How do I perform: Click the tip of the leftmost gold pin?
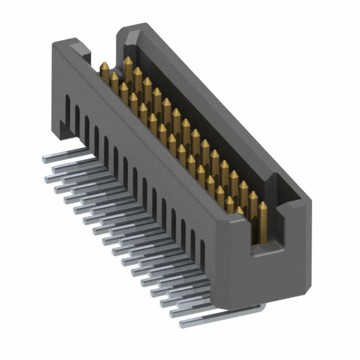pos(104,65)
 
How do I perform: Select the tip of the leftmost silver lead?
pos(44,160)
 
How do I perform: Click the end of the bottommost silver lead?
pos(182,325)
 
